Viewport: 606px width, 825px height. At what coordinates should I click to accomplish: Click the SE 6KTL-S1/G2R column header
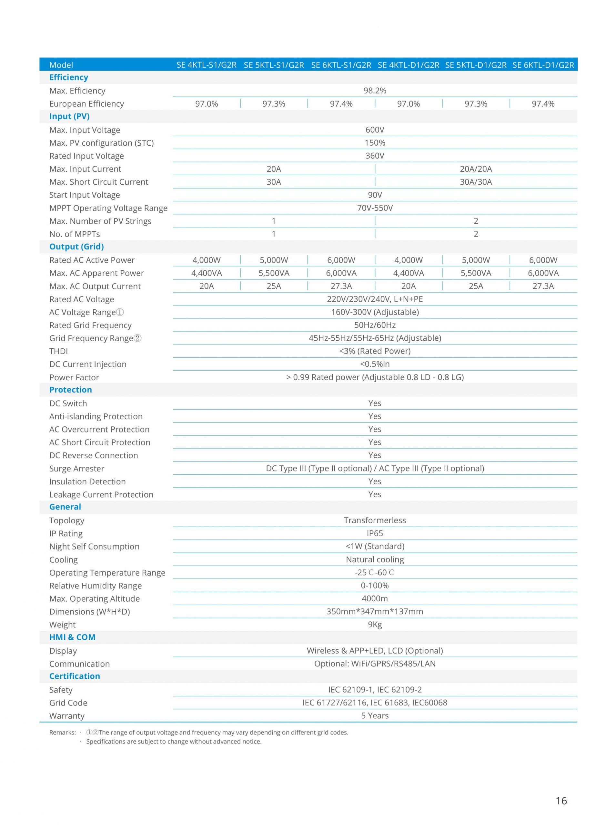341,65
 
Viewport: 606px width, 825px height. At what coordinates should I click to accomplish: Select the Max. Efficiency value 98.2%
375,91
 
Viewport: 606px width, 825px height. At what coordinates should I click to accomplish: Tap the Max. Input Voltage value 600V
375,130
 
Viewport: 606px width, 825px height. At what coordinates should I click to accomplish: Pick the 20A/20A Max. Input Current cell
475,169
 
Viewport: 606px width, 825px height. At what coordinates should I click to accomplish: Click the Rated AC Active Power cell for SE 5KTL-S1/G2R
274,260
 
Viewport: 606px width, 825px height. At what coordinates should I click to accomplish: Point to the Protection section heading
70,390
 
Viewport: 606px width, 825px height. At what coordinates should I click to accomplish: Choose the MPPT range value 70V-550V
375,208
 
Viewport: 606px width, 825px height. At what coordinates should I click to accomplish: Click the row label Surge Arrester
77,469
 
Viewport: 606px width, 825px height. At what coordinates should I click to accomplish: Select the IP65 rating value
375,533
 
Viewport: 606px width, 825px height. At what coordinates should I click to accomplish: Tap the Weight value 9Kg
375,625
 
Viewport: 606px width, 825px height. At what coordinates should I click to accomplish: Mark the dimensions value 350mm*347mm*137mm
375,611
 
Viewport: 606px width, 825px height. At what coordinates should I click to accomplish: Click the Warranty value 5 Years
375,715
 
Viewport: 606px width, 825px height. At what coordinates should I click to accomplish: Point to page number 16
561,801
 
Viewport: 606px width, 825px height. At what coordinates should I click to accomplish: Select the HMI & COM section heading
72,637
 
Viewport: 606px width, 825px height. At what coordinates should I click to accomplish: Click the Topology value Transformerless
375,520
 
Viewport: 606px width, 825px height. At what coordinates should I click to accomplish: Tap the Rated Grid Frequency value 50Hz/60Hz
375,325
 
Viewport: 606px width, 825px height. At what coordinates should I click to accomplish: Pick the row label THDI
59,351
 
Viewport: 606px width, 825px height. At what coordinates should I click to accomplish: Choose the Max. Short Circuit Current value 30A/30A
475,182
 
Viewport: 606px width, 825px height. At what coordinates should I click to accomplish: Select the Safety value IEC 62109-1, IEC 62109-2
375,689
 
